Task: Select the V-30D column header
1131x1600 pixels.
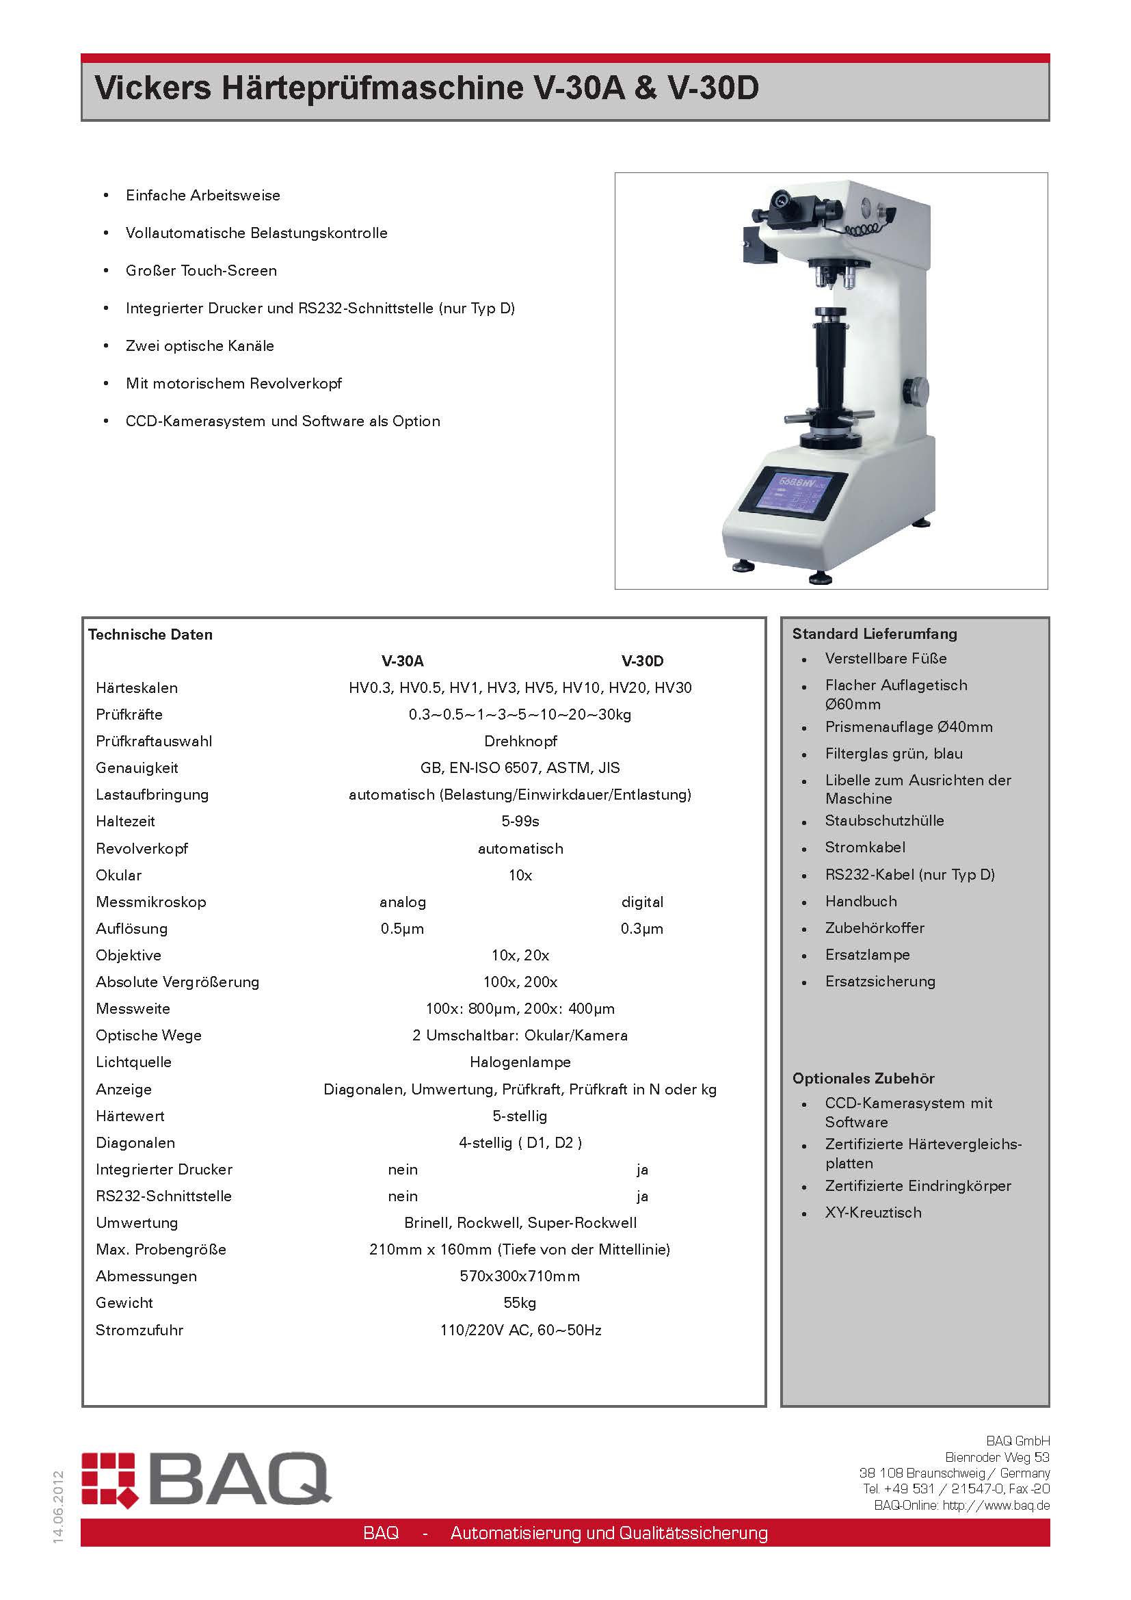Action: click(x=642, y=661)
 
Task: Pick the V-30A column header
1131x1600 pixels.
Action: click(x=403, y=661)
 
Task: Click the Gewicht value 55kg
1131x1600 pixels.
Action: click(x=520, y=1302)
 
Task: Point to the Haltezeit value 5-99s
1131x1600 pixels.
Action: click(x=520, y=821)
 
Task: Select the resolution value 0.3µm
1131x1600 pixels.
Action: click(x=641, y=928)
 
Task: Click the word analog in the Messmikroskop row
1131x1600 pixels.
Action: click(x=403, y=902)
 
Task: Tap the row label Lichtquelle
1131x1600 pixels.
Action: click(x=134, y=1062)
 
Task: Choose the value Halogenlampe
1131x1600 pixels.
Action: click(x=520, y=1062)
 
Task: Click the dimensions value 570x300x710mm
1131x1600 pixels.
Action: click(x=520, y=1276)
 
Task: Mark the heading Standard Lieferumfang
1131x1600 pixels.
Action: click(x=875, y=633)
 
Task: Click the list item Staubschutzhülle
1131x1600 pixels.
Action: click(x=884, y=820)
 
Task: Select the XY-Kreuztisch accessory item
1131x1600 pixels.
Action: click(x=873, y=1213)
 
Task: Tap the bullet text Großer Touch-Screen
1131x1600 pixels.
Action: click(x=201, y=270)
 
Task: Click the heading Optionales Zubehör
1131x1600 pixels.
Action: click(x=864, y=1078)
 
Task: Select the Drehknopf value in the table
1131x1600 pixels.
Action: click(x=520, y=741)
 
